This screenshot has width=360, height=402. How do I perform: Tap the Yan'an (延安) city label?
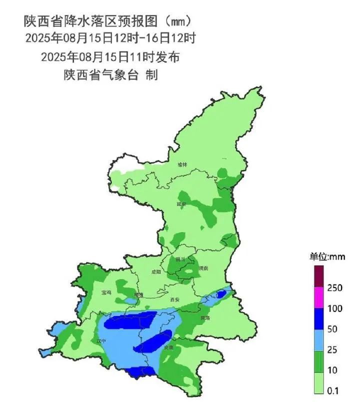(181, 204)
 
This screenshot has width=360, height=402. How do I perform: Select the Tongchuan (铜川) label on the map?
(180, 259)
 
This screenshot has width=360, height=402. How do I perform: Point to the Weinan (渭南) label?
(203, 268)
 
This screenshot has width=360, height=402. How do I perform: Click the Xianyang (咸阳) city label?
(156, 272)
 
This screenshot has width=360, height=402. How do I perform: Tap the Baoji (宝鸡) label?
(106, 292)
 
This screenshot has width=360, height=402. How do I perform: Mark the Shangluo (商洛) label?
(205, 317)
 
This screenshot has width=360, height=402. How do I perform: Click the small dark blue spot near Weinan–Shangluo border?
(220, 294)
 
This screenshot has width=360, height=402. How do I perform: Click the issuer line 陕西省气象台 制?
(110, 75)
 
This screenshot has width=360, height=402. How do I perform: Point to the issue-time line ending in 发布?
(110, 57)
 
